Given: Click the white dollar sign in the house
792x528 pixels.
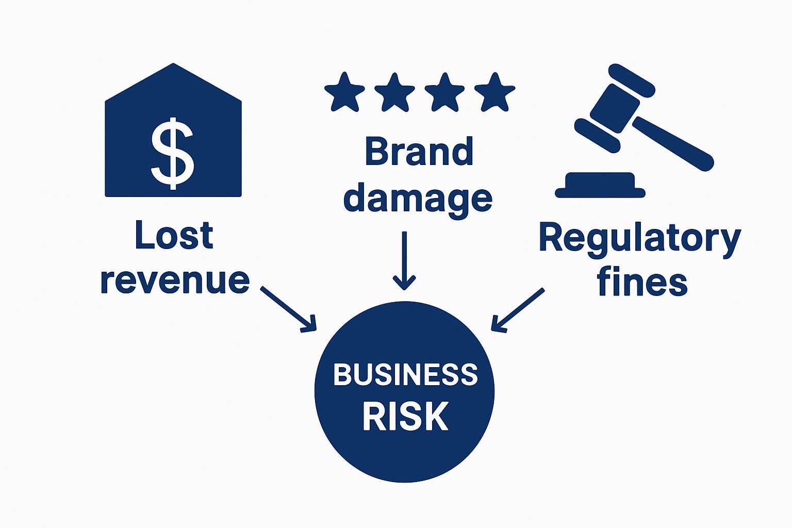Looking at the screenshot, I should click(172, 153).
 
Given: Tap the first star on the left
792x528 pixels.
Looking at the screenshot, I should click(344, 93).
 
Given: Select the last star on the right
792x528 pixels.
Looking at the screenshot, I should click(494, 93).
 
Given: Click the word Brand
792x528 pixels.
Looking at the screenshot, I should click(419, 152).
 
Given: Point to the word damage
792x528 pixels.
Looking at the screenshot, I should click(418, 199).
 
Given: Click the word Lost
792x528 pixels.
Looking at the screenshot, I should click(174, 236).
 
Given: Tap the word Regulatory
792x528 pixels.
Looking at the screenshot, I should click(640, 239).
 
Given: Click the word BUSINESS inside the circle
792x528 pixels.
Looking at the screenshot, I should click(405, 375).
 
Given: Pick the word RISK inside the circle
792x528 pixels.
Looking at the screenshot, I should click(405, 416).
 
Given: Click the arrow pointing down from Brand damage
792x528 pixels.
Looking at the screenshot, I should click(404, 260).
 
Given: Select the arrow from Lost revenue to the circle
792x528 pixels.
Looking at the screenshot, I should click(288, 308).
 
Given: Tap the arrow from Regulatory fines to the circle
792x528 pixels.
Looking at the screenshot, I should click(517, 309).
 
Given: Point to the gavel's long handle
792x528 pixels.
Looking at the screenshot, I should click(673, 143).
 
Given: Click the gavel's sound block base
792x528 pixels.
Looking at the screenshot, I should click(600, 186).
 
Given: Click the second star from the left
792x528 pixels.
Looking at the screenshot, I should click(394, 93).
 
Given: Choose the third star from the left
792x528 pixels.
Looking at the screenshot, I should click(444, 93).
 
